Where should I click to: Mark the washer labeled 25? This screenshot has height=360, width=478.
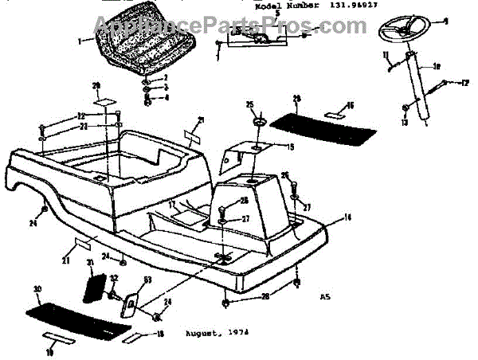point(261,120)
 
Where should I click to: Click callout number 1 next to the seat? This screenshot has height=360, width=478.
point(79,38)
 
